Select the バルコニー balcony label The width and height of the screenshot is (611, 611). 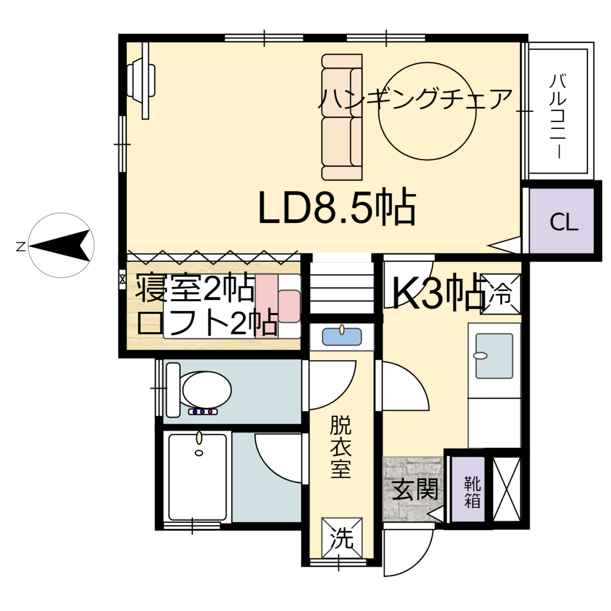click(558, 116)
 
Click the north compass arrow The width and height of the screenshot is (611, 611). click(61, 245)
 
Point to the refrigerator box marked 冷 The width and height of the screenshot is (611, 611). click(501, 294)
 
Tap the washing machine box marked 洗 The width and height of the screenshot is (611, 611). click(341, 538)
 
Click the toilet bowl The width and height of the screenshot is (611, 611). click(206, 389)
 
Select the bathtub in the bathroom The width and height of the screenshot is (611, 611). click(197, 477)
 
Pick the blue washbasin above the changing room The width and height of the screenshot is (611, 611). click(341, 337)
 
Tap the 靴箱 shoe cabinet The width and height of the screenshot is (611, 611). click(472, 492)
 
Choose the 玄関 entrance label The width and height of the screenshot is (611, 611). click(415, 489)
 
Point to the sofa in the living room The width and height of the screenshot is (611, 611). click(341, 117)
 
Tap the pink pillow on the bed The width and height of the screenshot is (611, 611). click(289, 306)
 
